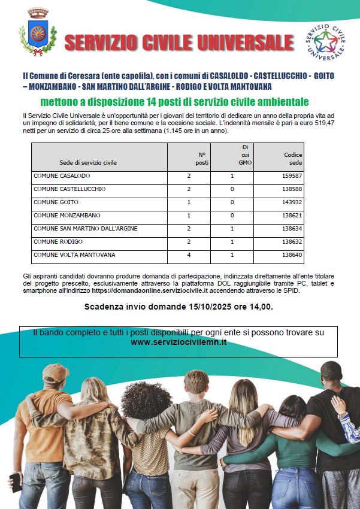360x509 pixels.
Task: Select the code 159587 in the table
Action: click(292, 176)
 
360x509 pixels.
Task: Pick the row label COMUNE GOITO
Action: click(56, 202)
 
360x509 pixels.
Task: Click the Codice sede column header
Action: click(293, 158)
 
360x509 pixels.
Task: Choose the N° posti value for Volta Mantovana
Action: click(189, 255)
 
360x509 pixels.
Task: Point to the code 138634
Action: click(292, 229)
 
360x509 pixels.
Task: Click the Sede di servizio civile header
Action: click(88, 162)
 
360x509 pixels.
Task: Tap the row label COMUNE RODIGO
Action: click(58, 242)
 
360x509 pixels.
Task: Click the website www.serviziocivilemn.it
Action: click(179, 342)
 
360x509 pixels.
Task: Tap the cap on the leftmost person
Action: click(56, 374)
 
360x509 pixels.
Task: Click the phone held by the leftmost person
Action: click(15, 478)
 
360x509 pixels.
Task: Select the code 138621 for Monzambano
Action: click(292, 216)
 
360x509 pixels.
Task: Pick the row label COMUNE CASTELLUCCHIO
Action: click(69, 189)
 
